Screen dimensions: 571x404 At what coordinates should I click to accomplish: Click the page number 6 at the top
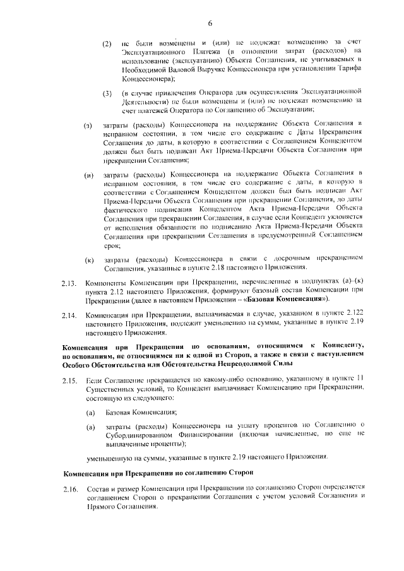208,23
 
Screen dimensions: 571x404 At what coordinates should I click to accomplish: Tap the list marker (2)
107,44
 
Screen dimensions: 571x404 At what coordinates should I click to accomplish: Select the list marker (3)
107,95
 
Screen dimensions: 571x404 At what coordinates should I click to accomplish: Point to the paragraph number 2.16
69,490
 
